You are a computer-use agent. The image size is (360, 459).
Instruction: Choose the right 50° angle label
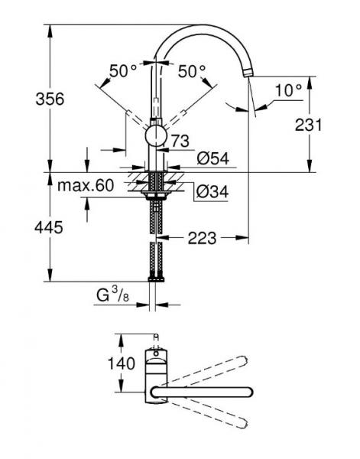(192, 71)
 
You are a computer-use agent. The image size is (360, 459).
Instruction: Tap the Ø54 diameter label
(212, 158)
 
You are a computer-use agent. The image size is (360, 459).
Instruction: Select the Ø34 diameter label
(212, 192)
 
